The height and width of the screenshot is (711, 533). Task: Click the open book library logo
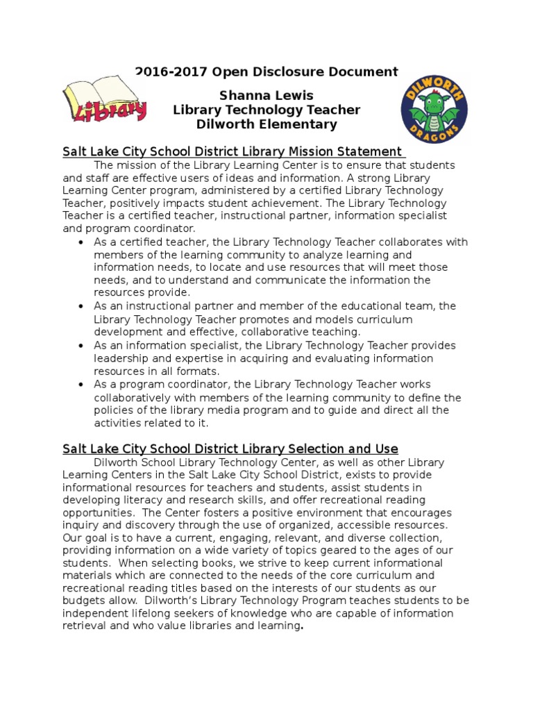105,101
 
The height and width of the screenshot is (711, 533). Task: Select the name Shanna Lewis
266,95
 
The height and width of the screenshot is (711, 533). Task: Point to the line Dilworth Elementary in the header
266,125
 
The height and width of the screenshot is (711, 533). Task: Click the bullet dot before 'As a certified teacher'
81,242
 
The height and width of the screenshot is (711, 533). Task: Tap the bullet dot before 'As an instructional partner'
81,306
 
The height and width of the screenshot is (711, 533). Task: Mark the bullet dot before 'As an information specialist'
81,346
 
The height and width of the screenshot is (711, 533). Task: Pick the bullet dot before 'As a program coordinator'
81,385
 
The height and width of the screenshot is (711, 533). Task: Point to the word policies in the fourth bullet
116,410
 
